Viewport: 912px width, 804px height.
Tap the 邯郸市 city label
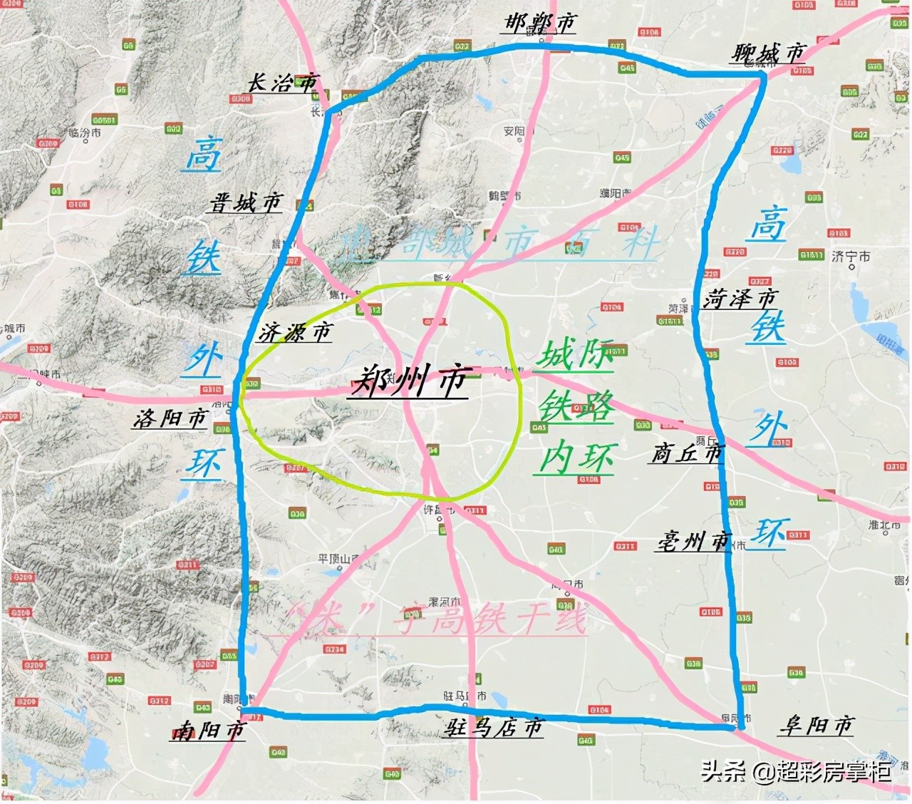tap(539, 24)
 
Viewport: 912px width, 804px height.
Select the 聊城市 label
tap(768, 53)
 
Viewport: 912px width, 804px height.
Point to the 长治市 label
tap(283, 83)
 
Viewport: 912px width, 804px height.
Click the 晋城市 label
tap(246, 203)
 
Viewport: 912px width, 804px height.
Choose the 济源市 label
tap(295, 332)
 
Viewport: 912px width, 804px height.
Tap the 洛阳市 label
tap(170, 418)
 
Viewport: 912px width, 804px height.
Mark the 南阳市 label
tap(208, 731)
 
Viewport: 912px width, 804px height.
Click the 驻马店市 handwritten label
tap(493, 728)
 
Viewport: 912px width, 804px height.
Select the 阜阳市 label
tap(816, 726)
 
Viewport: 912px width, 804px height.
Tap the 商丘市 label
tap(687, 453)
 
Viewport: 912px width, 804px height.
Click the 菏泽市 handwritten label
tap(740, 299)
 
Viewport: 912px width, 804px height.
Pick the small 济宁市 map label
tap(851, 256)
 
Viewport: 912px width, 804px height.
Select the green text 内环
tap(576, 458)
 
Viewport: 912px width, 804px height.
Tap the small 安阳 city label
tap(514, 131)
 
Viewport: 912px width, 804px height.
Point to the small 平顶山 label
tap(338, 560)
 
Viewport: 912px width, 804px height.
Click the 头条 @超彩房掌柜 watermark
tap(795, 771)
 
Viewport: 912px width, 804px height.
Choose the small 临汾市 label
tap(85, 133)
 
